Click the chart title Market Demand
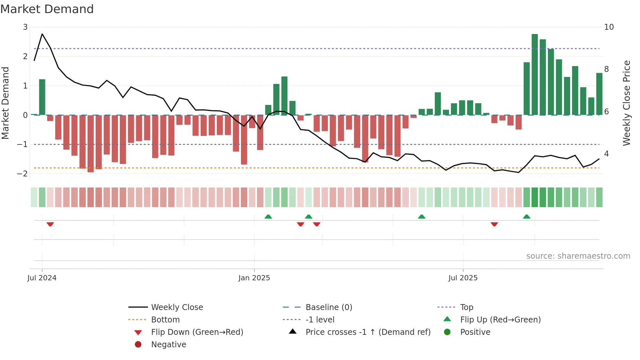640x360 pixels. pos(47,9)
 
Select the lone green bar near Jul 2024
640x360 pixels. pos(42,97)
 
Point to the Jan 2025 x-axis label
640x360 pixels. pos(254,278)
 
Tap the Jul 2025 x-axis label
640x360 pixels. pos(463,278)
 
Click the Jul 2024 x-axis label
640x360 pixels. pos(42,278)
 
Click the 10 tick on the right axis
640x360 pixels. pos(609,27)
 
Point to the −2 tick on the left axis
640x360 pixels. pos(23,174)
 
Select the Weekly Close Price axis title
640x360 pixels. pos(626,103)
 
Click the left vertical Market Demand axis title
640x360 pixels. pos(6,103)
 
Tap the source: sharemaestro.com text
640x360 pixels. pos(578,256)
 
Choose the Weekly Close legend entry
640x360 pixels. pos(177,307)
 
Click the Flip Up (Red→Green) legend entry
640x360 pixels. pos(500,320)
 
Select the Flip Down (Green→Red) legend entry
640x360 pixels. pos(197,332)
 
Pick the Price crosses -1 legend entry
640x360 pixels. pos(368,332)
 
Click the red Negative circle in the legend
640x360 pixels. pos(138,345)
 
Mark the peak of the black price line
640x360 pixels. pos(42,34)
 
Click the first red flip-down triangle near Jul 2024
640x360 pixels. pos(50,224)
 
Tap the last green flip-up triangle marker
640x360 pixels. pos(526,217)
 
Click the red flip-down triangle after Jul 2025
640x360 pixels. pos(494,224)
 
